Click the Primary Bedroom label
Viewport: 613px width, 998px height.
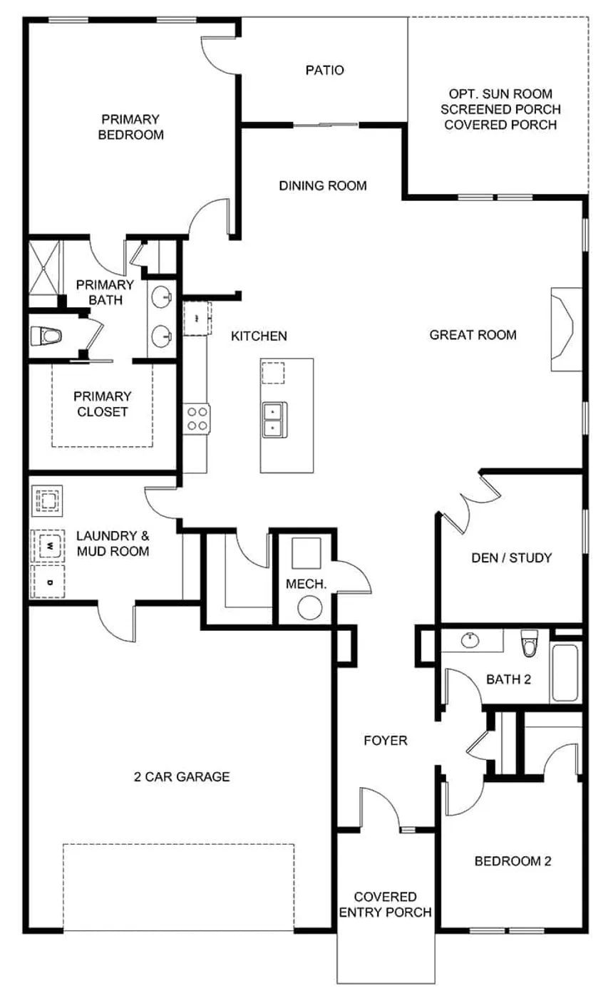click(130, 127)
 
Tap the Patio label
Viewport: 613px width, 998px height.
click(324, 70)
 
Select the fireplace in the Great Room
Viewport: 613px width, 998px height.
click(561, 329)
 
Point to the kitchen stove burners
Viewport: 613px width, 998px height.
click(197, 418)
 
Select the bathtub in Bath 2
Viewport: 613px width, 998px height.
click(567, 673)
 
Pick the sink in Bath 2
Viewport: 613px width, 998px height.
click(470, 640)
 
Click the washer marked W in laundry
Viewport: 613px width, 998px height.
click(48, 546)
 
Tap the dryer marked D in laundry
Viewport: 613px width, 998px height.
click(48, 582)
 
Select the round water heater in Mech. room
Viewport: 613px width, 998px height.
click(311, 607)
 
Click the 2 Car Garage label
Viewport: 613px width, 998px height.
click(182, 776)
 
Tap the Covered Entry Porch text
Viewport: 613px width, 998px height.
click(385, 905)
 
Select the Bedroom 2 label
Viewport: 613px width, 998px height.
click(512, 861)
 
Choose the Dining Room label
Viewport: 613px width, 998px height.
click(322, 186)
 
